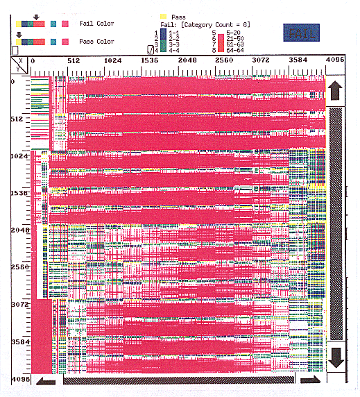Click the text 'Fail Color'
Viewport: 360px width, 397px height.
pos(97,24)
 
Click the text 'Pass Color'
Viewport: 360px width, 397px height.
pos(97,42)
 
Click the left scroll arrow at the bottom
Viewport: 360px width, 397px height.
pos(46,380)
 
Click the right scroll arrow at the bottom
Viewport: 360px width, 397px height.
pos(310,380)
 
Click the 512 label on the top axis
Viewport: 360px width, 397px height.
pos(74,61)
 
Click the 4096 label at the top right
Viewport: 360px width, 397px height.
pos(335,61)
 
